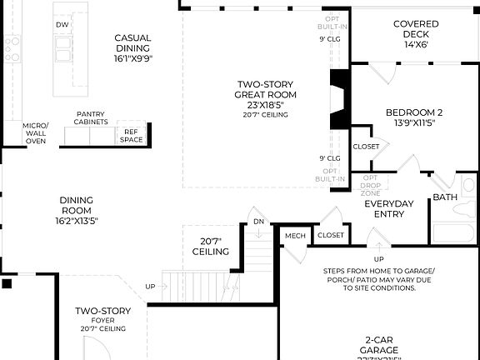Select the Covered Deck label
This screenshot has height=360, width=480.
pyautogui.click(x=416, y=29)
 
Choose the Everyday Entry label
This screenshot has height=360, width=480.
pyautogui.click(x=388, y=208)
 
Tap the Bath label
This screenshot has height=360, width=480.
pyautogui.click(x=444, y=197)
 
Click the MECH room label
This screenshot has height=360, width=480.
pyautogui.click(x=295, y=236)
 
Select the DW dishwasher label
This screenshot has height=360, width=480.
pyautogui.click(x=62, y=25)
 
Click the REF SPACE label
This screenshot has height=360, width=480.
pyautogui.click(x=132, y=136)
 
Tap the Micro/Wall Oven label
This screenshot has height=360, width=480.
pyautogui.click(x=36, y=132)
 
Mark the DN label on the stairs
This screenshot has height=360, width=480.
pyautogui.click(x=258, y=222)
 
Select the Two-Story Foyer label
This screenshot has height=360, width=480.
pyautogui.click(x=103, y=319)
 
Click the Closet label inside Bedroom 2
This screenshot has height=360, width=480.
pyautogui.click(x=366, y=147)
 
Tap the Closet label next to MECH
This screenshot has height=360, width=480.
pyautogui.click(x=331, y=236)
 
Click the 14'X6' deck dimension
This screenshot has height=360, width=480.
pyautogui.click(x=416, y=45)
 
